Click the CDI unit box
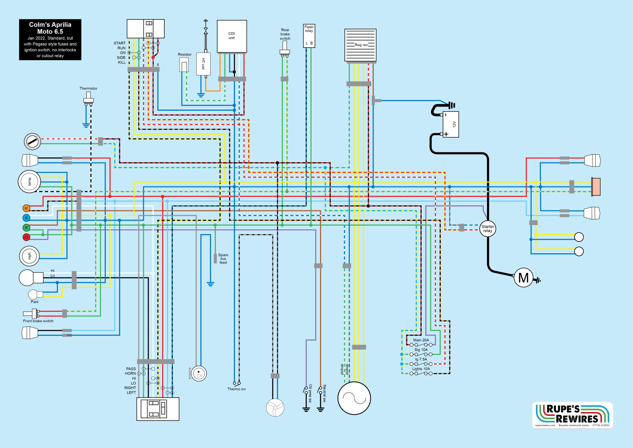click(232, 36)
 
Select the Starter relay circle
click(487, 229)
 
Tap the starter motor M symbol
click(523, 278)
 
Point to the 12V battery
click(451, 124)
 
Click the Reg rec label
click(361, 45)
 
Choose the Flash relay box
click(309, 36)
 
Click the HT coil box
click(203, 64)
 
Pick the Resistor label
click(185, 54)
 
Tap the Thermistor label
click(88, 88)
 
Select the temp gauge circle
click(29, 182)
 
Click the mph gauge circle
click(29, 256)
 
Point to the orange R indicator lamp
click(26, 208)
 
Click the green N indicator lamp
click(26, 228)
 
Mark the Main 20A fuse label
click(421, 340)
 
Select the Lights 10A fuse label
click(421, 369)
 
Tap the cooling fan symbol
click(275, 407)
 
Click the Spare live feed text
click(223, 259)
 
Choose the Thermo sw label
click(236, 389)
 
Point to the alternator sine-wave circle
click(354, 398)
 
